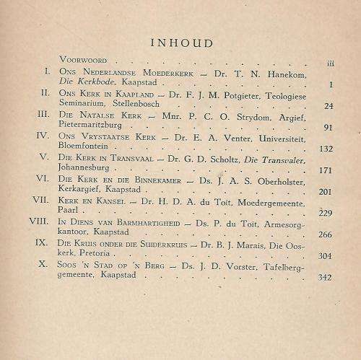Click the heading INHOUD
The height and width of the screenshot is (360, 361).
click(182, 43)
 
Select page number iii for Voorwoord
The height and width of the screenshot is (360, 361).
click(329, 63)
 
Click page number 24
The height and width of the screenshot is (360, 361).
click(329, 105)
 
